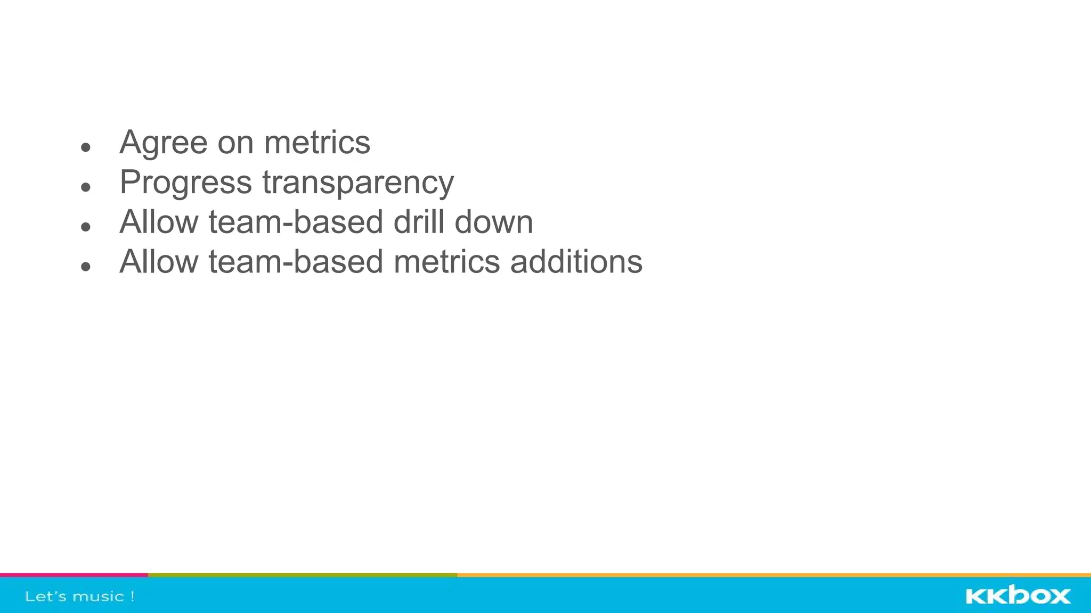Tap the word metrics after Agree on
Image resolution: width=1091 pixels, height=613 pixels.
point(317,143)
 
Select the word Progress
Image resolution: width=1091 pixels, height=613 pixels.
point(186,183)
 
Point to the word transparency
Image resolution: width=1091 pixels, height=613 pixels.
point(358,183)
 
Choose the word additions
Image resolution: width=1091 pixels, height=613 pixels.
point(576,262)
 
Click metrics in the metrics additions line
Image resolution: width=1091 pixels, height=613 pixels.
point(446,262)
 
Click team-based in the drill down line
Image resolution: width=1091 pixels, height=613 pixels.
point(296,222)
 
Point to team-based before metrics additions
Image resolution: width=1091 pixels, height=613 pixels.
point(296,262)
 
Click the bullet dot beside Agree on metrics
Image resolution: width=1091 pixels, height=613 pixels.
point(86,147)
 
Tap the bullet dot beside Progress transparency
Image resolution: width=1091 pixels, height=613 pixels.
point(86,187)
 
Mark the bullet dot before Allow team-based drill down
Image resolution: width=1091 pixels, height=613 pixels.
point(86,227)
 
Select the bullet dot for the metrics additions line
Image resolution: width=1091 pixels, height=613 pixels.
point(86,266)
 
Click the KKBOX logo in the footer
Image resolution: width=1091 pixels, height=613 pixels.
point(1018,595)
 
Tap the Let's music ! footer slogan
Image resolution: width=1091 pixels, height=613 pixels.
point(80,597)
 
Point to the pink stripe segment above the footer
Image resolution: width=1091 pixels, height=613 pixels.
point(74,575)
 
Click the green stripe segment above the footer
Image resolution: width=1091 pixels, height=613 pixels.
point(303,575)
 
